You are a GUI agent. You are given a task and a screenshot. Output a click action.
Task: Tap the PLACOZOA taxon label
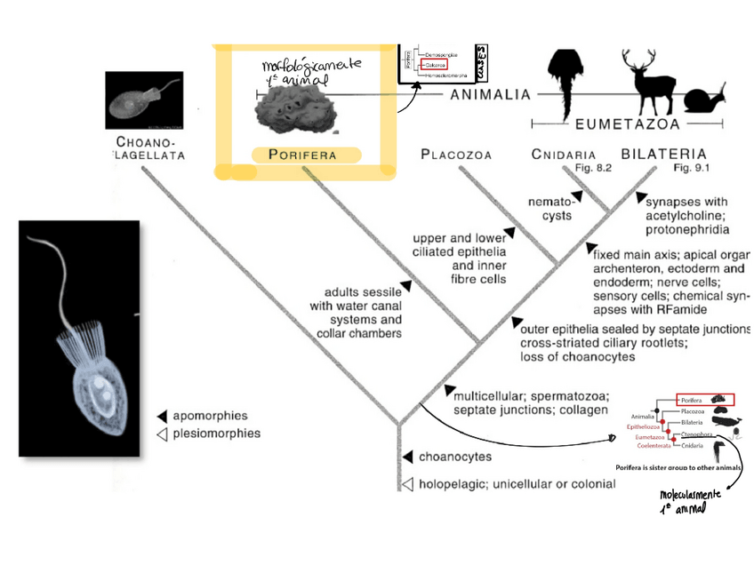[x=456, y=155]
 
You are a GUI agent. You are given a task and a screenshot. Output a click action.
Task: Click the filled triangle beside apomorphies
[x=162, y=416]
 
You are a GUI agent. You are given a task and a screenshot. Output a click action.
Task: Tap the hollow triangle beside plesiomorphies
[x=162, y=434]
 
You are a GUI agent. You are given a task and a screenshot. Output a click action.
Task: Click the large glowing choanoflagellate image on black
[x=79, y=338]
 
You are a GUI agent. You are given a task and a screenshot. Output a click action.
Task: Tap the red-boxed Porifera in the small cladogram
[x=706, y=399]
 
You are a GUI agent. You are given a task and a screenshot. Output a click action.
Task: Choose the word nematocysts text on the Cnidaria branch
[x=548, y=208]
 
